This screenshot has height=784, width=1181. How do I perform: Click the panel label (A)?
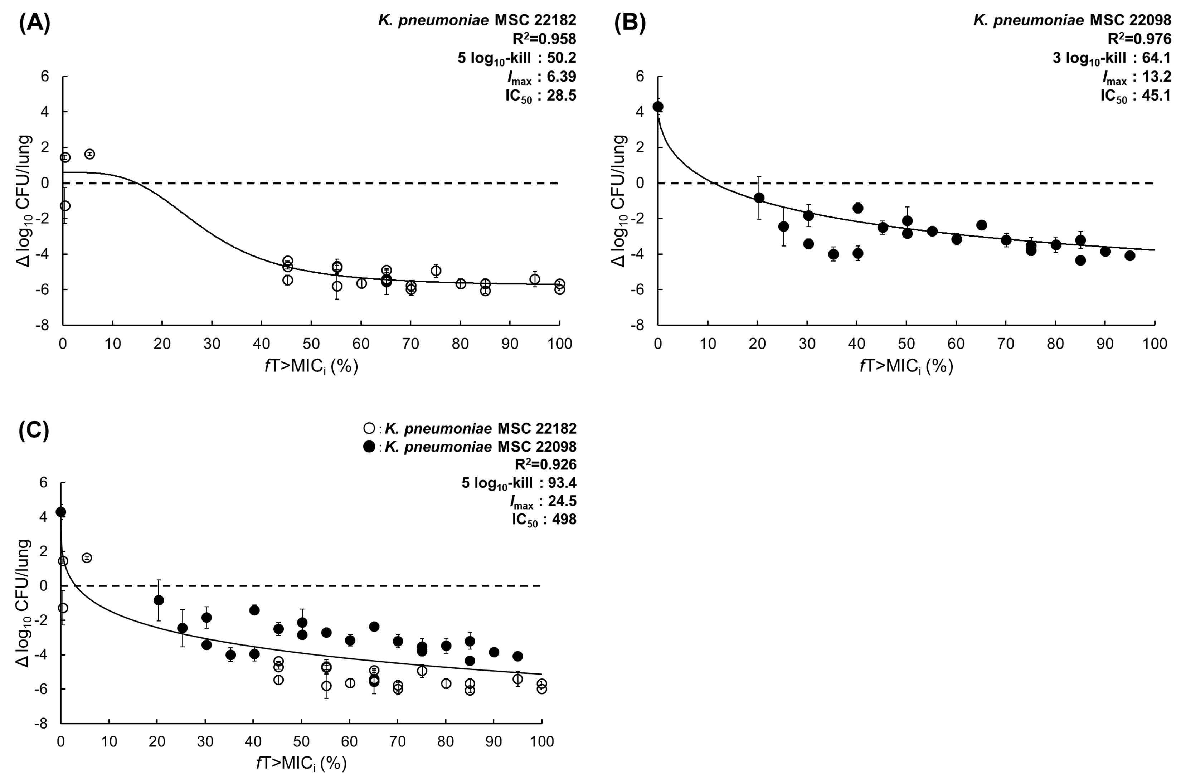(x=34, y=24)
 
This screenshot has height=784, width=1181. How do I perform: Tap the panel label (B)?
(x=630, y=24)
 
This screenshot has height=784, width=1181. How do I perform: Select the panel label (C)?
(x=34, y=430)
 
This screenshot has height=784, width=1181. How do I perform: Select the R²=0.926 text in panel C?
(x=545, y=464)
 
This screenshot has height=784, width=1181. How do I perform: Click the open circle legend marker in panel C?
(x=369, y=429)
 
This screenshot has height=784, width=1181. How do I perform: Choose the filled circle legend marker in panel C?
(x=369, y=447)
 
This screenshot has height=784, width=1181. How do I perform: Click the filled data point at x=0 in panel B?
(x=658, y=107)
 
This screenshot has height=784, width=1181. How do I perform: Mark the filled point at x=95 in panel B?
(x=1129, y=255)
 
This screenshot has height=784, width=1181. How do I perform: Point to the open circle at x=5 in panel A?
(x=89, y=154)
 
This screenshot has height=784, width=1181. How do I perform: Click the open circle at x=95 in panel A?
(x=535, y=279)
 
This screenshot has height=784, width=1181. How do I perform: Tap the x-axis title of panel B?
(x=906, y=366)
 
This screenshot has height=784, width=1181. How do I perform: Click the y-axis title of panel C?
(x=24, y=603)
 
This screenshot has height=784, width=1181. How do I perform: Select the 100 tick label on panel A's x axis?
(x=559, y=344)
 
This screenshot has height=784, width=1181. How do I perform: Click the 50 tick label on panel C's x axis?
(x=301, y=741)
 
